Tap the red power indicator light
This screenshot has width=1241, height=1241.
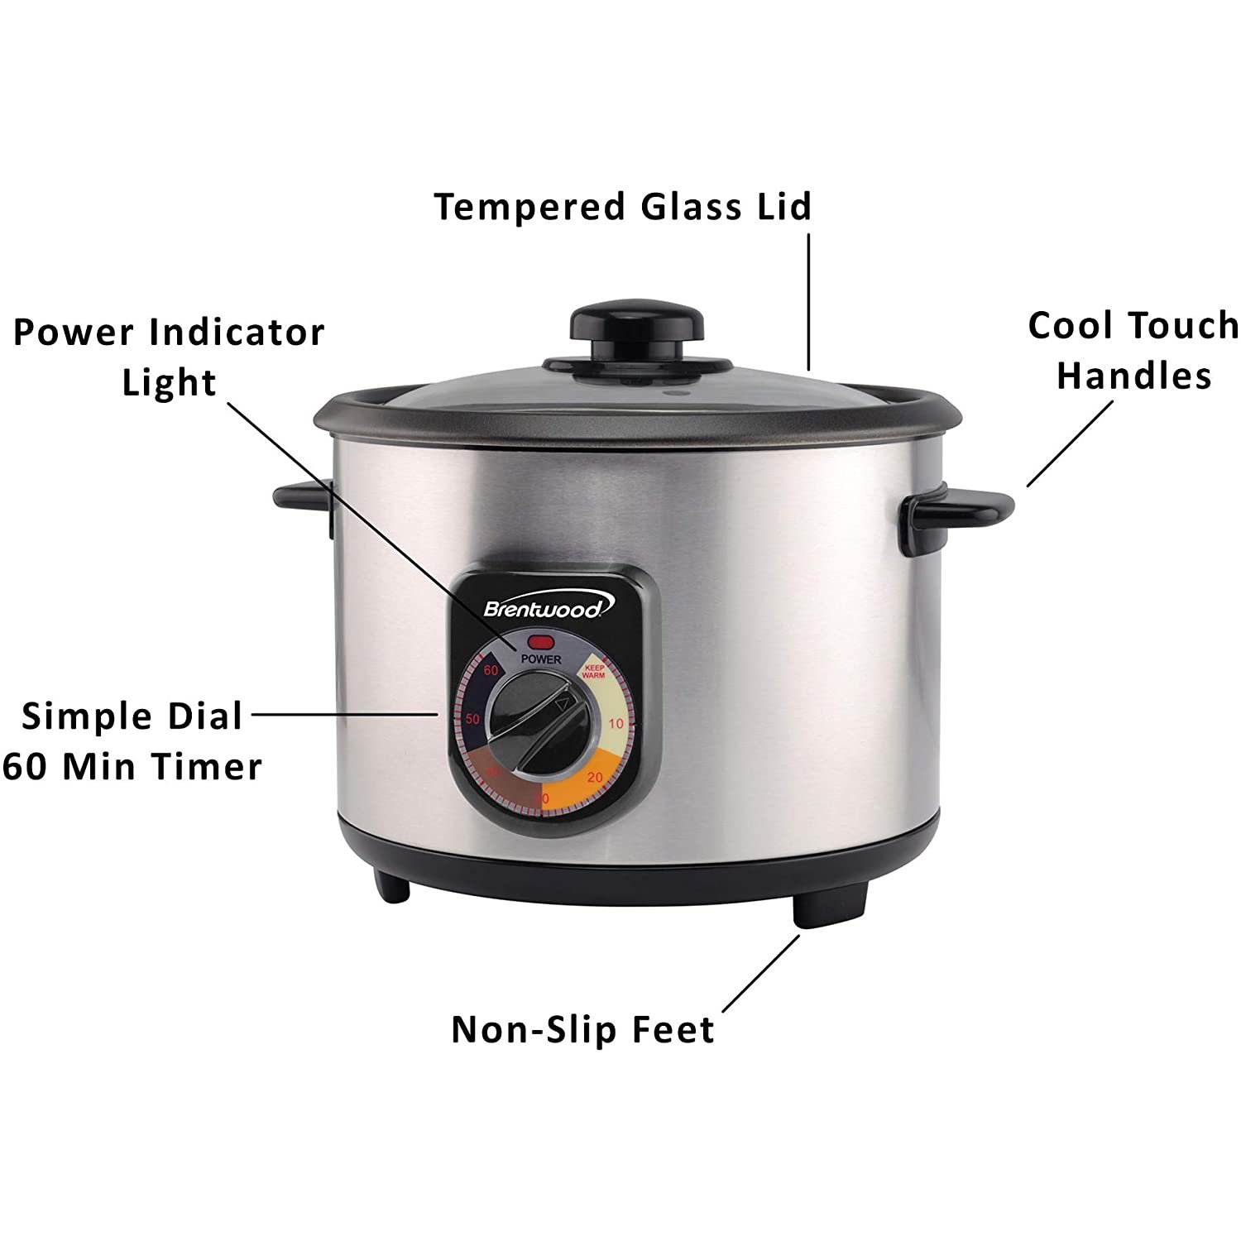(x=542, y=641)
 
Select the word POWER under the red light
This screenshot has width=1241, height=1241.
(x=542, y=659)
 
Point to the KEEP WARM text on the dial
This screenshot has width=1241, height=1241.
(x=593, y=671)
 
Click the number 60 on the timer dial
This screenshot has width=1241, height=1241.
(x=491, y=670)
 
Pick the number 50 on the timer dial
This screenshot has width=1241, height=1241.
(x=472, y=719)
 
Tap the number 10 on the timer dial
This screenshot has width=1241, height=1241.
(x=616, y=724)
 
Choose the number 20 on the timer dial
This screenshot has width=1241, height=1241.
(x=595, y=778)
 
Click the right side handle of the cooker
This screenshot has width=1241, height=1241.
(x=960, y=509)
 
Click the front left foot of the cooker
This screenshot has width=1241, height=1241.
(x=391, y=888)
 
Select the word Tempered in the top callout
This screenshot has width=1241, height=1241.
(x=529, y=207)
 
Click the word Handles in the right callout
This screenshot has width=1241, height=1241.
(x=1133, y=376)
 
